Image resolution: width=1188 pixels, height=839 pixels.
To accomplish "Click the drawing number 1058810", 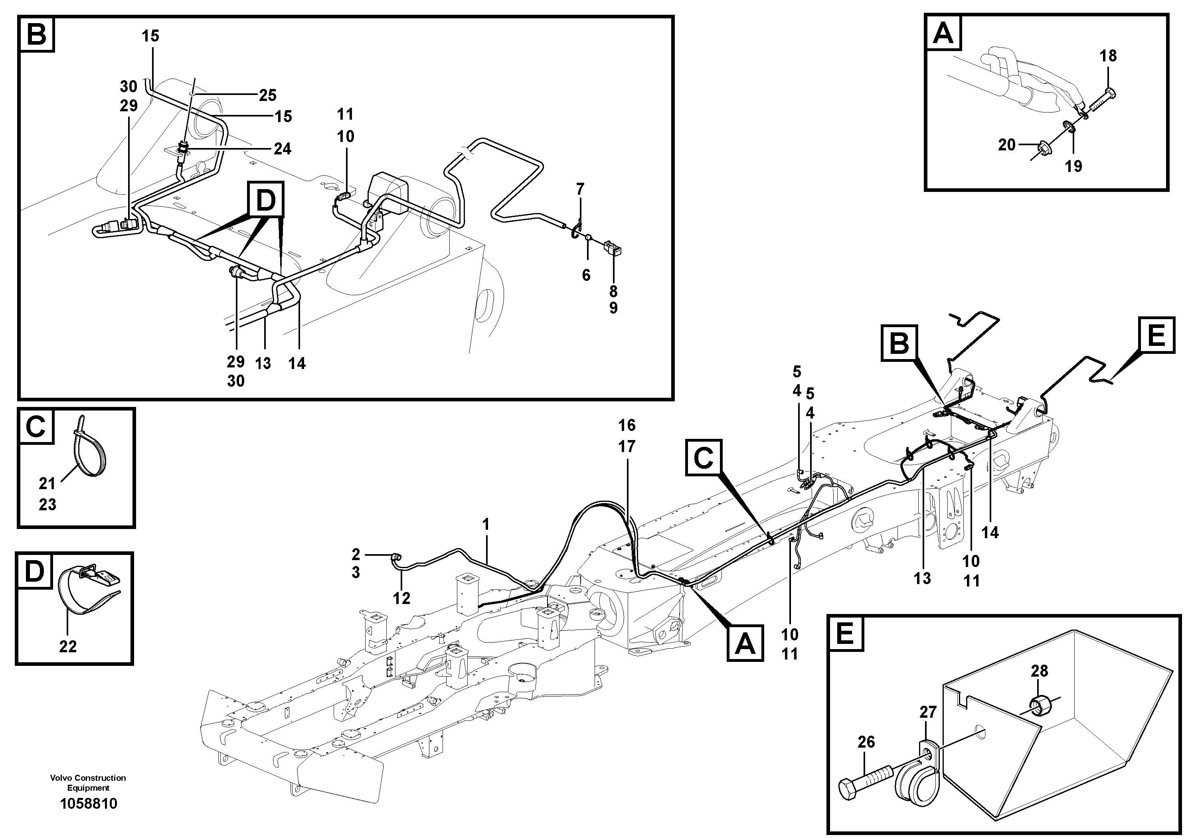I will point(89,804).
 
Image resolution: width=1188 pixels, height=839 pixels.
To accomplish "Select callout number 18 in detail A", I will point(1108,55).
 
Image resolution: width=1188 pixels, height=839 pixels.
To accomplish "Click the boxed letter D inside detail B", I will point(266,199).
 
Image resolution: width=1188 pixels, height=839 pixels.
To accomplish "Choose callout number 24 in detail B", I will point(283,149).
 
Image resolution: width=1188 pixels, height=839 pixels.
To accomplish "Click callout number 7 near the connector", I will point(580,190).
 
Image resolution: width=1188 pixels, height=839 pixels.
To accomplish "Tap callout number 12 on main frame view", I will point(401,598).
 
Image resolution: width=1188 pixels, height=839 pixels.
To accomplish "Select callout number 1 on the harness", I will point(485,525).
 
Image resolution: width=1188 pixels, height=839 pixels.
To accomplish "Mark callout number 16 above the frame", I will point(627,425).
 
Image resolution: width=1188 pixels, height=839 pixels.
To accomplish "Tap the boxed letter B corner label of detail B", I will point(37,35).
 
